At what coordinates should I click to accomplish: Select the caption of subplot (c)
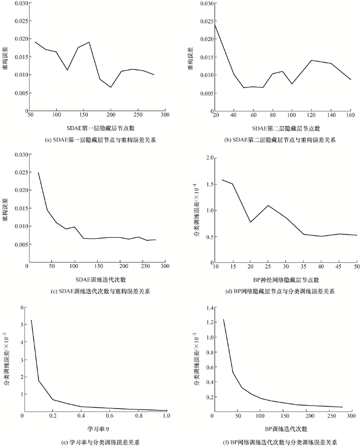[93, 291]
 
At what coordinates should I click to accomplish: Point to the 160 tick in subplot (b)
[350, 115]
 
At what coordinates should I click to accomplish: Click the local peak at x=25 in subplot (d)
[268, 206]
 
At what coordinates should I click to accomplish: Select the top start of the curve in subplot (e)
[31, 320]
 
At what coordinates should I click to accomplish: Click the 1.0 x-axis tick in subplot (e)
[166, 415]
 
